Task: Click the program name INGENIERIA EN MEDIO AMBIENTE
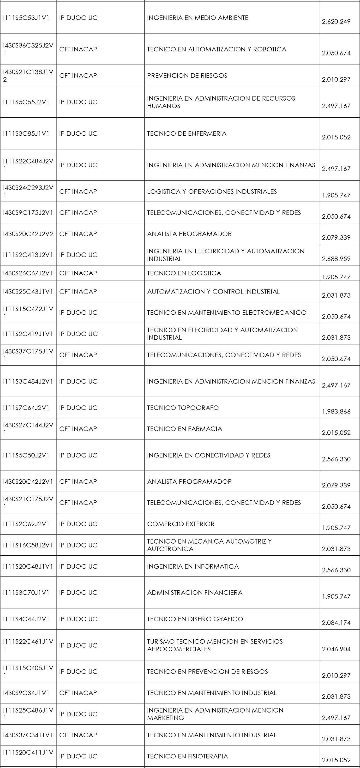click(198, 18)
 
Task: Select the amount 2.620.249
click(336, 21)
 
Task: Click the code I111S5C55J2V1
click(26, 102)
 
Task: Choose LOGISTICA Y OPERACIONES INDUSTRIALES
click(212, 192)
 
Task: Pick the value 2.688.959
click(336, 259)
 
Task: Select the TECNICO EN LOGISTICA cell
click(184, 273)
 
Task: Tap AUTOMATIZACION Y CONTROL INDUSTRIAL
click(213, 292)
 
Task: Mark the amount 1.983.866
click(336, 411)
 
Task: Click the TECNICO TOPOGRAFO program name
click(183, 408)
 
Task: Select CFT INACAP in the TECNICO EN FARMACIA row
click(78, 429)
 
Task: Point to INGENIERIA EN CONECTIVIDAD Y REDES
click(209, 455)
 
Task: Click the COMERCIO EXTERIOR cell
click(180, 524)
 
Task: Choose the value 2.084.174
click(336, 623)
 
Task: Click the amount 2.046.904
click(336, 649)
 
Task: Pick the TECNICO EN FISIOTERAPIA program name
click(187, 756)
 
